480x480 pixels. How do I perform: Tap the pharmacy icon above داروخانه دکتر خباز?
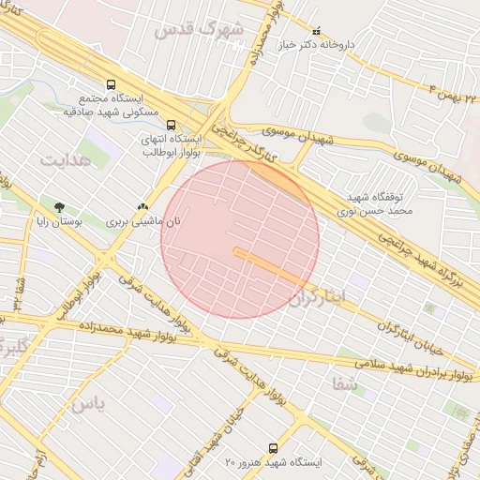315,31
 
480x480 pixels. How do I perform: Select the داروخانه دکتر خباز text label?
315,44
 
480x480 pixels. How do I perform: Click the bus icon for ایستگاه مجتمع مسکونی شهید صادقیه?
112,84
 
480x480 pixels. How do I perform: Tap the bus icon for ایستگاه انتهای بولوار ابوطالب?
170,124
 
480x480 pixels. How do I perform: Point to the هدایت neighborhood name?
63,159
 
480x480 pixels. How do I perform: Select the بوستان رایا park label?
59,223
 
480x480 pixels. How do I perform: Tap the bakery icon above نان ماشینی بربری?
142,207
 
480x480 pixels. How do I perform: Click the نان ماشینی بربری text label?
142,223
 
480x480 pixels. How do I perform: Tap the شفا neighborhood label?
343,382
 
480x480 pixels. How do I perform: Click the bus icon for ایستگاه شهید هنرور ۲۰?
273,448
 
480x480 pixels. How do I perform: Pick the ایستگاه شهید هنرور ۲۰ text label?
273,463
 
